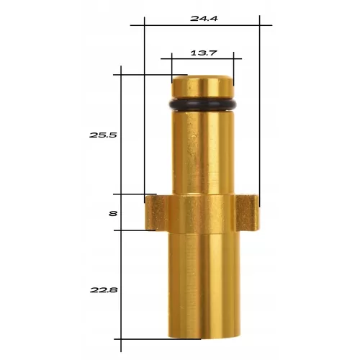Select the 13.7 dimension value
[204, 53]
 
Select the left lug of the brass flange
[152, 212]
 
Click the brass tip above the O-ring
[202, 86]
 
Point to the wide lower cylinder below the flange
[202, 288]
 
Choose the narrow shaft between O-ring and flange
[202, 151]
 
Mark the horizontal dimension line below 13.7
[202, 60]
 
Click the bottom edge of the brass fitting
[202, 336]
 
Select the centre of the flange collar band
[202, 212]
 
